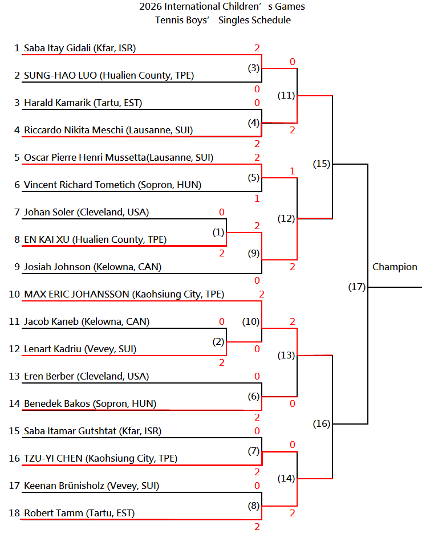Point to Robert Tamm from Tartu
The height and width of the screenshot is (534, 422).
coord(79,513)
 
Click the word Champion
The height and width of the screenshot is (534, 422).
coord(395,267)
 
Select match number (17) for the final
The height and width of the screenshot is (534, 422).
coord(357,287)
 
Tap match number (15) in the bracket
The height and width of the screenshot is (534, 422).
coord(322,164)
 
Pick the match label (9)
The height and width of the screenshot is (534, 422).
coord(254,253)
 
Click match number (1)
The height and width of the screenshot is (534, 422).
coord(218,233)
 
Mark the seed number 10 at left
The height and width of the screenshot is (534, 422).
coord(14,294)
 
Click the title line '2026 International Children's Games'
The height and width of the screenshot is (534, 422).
coord(222,6)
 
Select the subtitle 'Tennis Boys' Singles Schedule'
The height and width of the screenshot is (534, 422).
coord(223,20)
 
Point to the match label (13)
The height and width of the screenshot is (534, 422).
coord(286,355)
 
